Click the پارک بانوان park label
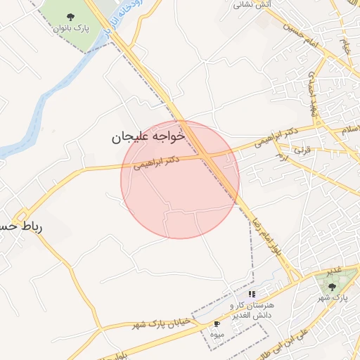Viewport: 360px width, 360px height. (70, 29)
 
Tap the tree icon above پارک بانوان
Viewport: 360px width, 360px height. (70, 16)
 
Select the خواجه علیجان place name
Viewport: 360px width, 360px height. (148, 137)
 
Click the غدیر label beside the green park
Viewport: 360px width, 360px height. (333, 270)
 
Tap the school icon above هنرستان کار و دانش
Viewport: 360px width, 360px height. (252, 294)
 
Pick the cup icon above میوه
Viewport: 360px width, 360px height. (217, 323)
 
